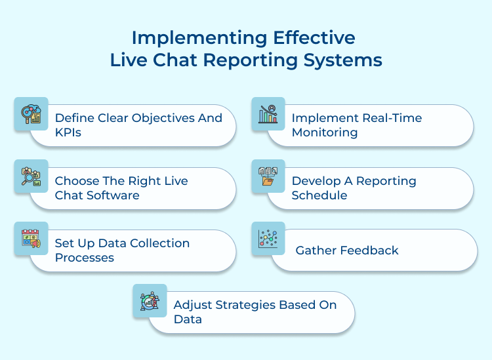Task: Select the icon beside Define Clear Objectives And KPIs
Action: point(31,114)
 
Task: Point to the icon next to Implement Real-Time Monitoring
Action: point(268,114)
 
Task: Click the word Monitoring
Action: point(325,132)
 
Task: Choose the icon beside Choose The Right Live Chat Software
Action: point(31,176)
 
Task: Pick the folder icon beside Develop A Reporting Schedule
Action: point(268,176)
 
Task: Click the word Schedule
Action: point(319,195)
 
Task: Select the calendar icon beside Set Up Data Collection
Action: point(31,239)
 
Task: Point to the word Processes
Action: point(85,258)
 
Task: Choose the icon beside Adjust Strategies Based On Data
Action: point(150,301)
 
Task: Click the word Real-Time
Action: point(392,118)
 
